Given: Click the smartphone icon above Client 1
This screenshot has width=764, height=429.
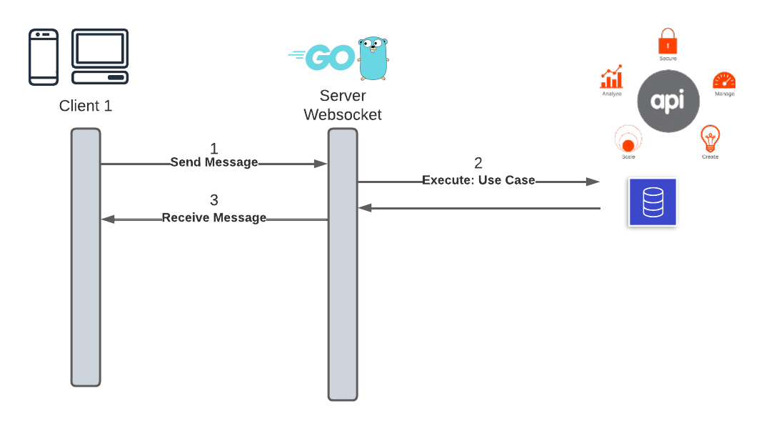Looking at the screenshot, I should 44,57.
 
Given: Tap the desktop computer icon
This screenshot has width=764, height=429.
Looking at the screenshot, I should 100,57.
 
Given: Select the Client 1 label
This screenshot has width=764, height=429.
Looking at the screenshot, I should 86,106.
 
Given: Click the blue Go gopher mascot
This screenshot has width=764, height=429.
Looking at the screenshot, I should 373,58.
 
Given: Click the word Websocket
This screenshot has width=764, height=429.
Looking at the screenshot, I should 343,114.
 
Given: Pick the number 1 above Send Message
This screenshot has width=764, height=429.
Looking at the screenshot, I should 213,149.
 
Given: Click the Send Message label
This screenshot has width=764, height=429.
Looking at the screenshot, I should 214,162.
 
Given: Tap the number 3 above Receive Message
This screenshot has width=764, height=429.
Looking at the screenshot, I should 213,200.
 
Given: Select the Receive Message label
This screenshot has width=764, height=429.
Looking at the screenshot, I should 214,217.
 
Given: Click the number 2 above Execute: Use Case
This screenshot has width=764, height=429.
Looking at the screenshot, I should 478,163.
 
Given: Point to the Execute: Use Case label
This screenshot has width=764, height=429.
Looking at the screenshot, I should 478,180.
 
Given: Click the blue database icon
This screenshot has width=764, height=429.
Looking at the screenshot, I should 653,202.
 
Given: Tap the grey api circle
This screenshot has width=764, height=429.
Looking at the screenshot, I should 668,102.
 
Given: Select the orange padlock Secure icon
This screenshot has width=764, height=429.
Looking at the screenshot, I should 668,41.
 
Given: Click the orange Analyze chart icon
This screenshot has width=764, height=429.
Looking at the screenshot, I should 611,77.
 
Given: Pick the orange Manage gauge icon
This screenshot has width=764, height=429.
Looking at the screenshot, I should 724,80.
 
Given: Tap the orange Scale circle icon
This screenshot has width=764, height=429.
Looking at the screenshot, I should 628,139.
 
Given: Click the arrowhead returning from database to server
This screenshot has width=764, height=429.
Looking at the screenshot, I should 364,208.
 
